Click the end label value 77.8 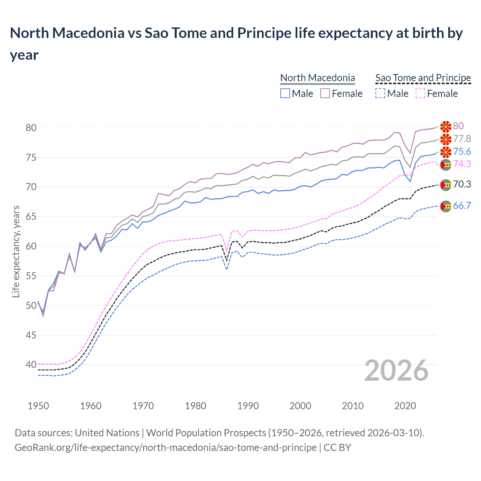[462, 139]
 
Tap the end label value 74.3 [462, 164]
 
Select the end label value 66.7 [462, 206]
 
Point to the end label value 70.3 [462, 184]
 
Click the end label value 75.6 [462, 151]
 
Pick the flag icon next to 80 [446, 127]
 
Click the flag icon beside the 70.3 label [446, 185]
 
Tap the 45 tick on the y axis [31, 335]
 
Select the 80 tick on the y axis [31, 128]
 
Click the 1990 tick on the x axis [248, 406]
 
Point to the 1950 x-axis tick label [38, 406]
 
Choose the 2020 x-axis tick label [405, 406]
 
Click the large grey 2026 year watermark [396, 371]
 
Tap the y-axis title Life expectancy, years [16, 251]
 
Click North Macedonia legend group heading [318, 78]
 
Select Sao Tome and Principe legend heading [423, 78]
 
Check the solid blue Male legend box [285, 93]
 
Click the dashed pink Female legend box [420, 93]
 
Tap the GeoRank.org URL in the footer [165, 448]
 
